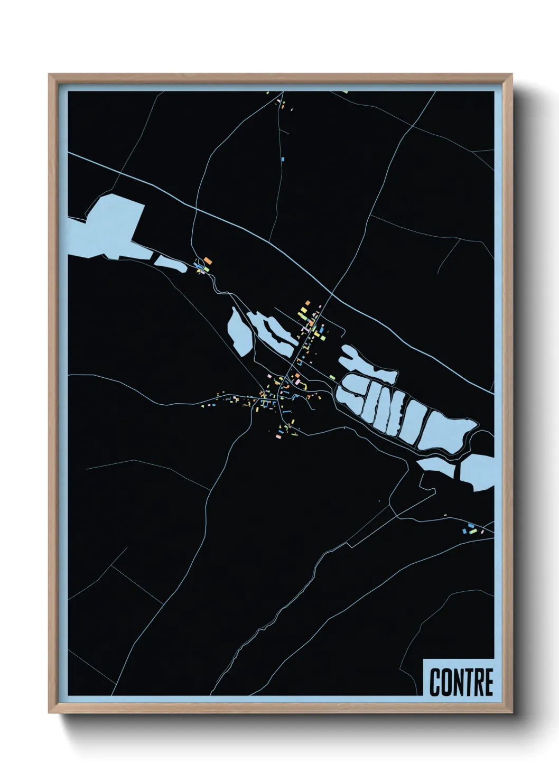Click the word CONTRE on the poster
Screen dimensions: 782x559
tap(461, 682)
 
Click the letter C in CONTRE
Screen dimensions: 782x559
tap(435, 682)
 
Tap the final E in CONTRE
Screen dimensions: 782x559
tap(488, 682)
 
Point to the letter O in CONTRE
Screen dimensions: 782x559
tap(445, 682)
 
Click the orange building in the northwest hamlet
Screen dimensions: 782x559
tap(208, 261)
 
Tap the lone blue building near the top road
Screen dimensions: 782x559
tap(283, 158)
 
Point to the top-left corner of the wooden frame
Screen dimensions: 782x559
tap(50, 76)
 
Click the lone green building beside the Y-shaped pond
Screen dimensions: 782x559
tap(332, 377)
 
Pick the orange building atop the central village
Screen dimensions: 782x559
tap(306, 303)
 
